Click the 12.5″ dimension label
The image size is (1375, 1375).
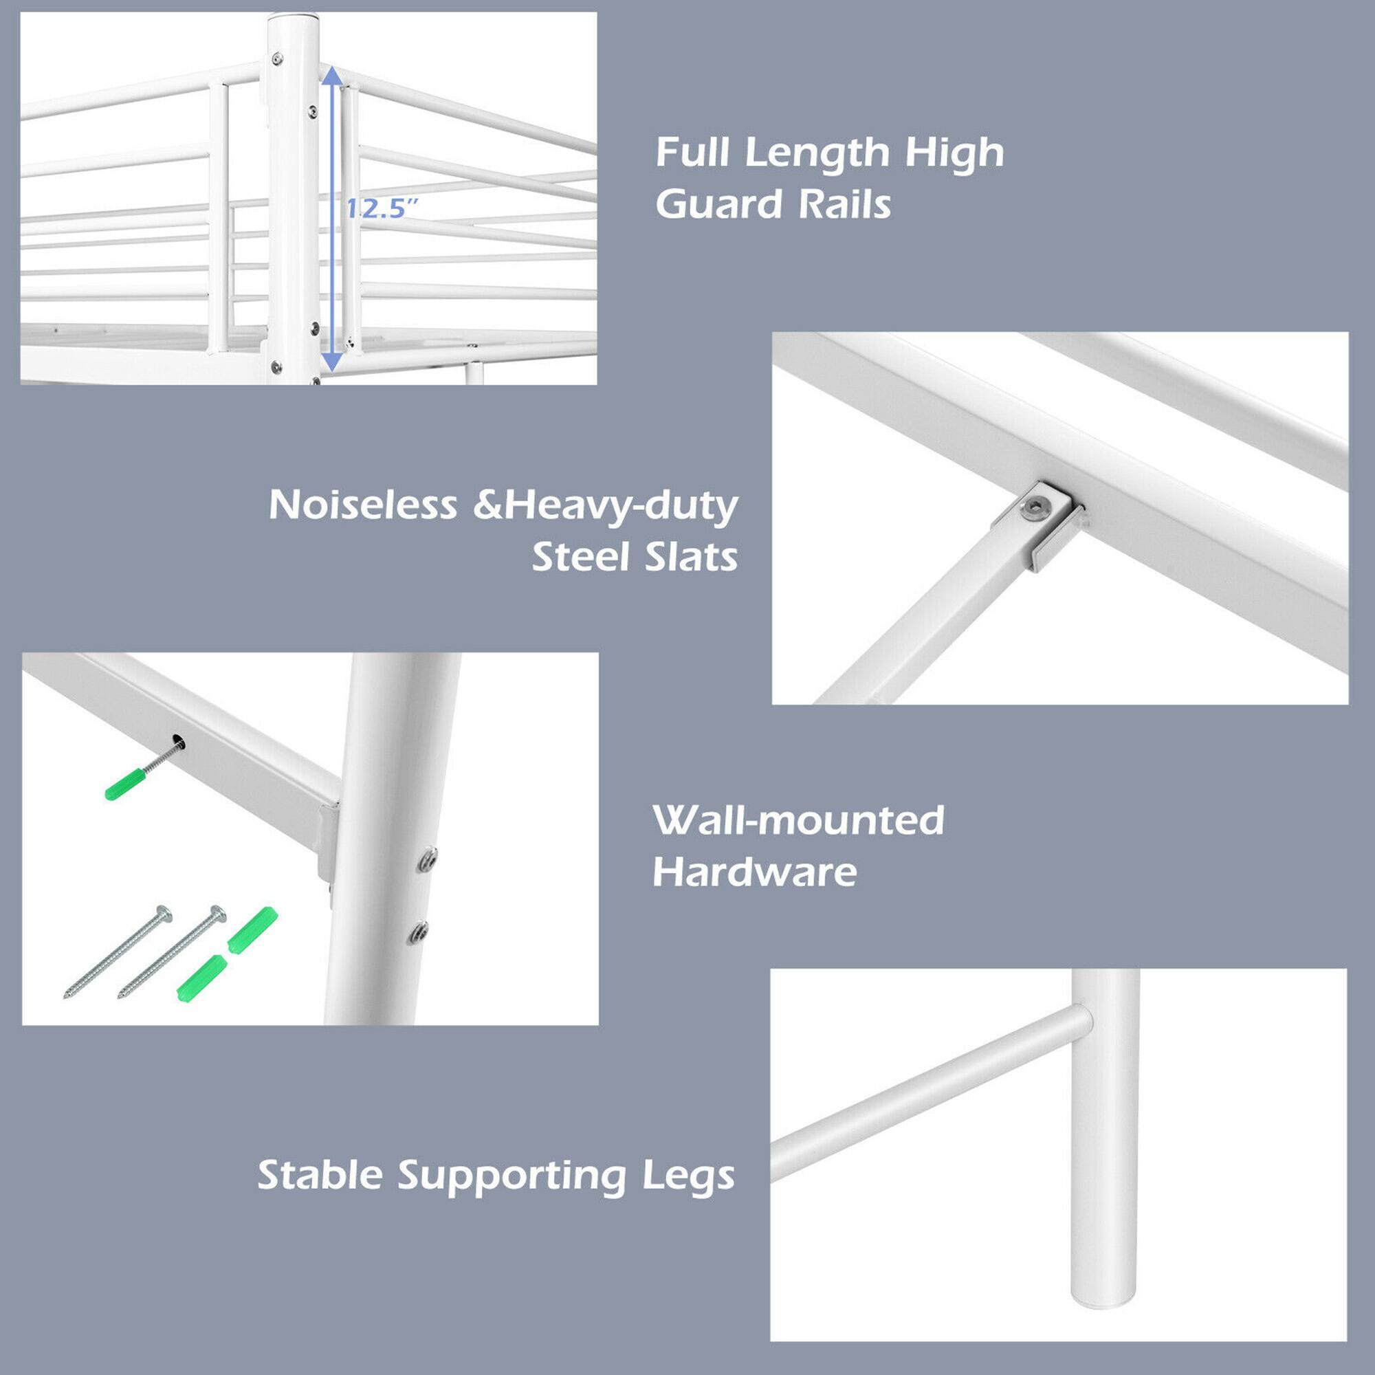click(x=381, y=209)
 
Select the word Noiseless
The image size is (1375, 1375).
click(x=362, y=505)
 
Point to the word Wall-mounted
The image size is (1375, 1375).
click(x=798, y=821)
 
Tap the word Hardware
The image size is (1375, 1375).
click(x=754, y=872)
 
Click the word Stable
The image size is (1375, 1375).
click(x=320, y=1175)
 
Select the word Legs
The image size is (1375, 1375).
click(x=688, y=1176)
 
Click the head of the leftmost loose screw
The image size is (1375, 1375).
click(x=164, y=912)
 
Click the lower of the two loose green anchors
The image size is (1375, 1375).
click(x=202, y=978)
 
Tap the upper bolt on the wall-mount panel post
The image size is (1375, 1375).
click(x=428, y=859)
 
